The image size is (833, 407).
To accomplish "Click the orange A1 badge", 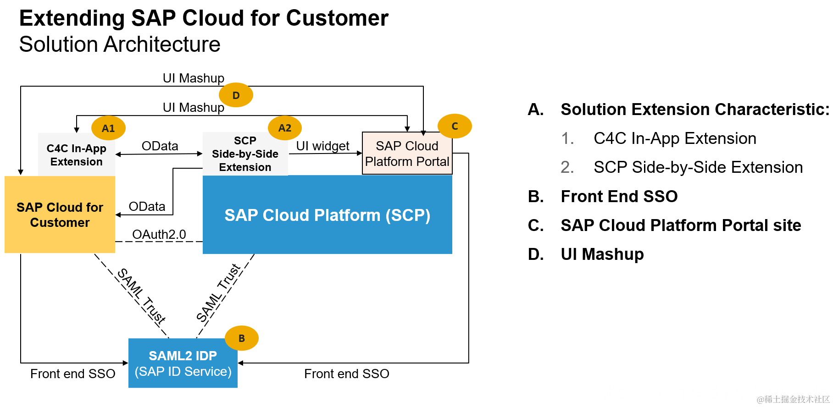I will pos(108,128).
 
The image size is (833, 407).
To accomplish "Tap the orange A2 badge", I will pos(285,128).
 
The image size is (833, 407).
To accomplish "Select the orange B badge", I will pos(242,338).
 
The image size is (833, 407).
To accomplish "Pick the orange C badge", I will pos(455,126).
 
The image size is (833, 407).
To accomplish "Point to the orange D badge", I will pos(236,95).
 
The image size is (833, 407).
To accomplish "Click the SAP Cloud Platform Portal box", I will pos(407,154).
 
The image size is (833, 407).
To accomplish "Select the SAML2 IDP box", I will pos(183,363).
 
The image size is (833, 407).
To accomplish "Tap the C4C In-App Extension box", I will pos(76,155).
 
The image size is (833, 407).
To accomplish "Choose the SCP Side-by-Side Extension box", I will pos(245,154).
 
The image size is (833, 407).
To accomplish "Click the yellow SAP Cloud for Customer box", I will pos(60,214).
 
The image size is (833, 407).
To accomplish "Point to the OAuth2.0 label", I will pos(159,234).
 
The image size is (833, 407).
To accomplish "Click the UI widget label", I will pos(322,146).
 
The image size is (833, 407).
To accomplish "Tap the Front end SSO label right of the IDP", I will pos(346,374).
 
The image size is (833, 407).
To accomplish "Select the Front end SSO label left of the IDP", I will pos(72,374).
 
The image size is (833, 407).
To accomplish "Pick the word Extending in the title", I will pos(72,18).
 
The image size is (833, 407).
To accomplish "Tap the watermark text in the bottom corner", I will pos(793,400).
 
